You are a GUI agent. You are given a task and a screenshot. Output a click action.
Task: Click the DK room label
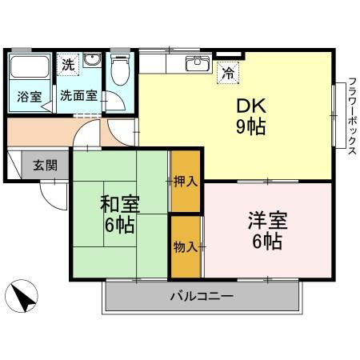[250, 105]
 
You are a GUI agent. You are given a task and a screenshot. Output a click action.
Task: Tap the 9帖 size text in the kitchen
[250, 126]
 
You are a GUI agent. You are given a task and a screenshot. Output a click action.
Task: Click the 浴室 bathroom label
[28, 95]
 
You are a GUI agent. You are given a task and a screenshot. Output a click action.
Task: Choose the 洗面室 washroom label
[79, 95]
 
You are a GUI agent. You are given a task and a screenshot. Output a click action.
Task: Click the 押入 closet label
[186, 182]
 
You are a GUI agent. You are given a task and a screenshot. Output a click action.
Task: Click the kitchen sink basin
[196, 63]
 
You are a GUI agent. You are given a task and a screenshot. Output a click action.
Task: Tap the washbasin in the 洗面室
[91, 62]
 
